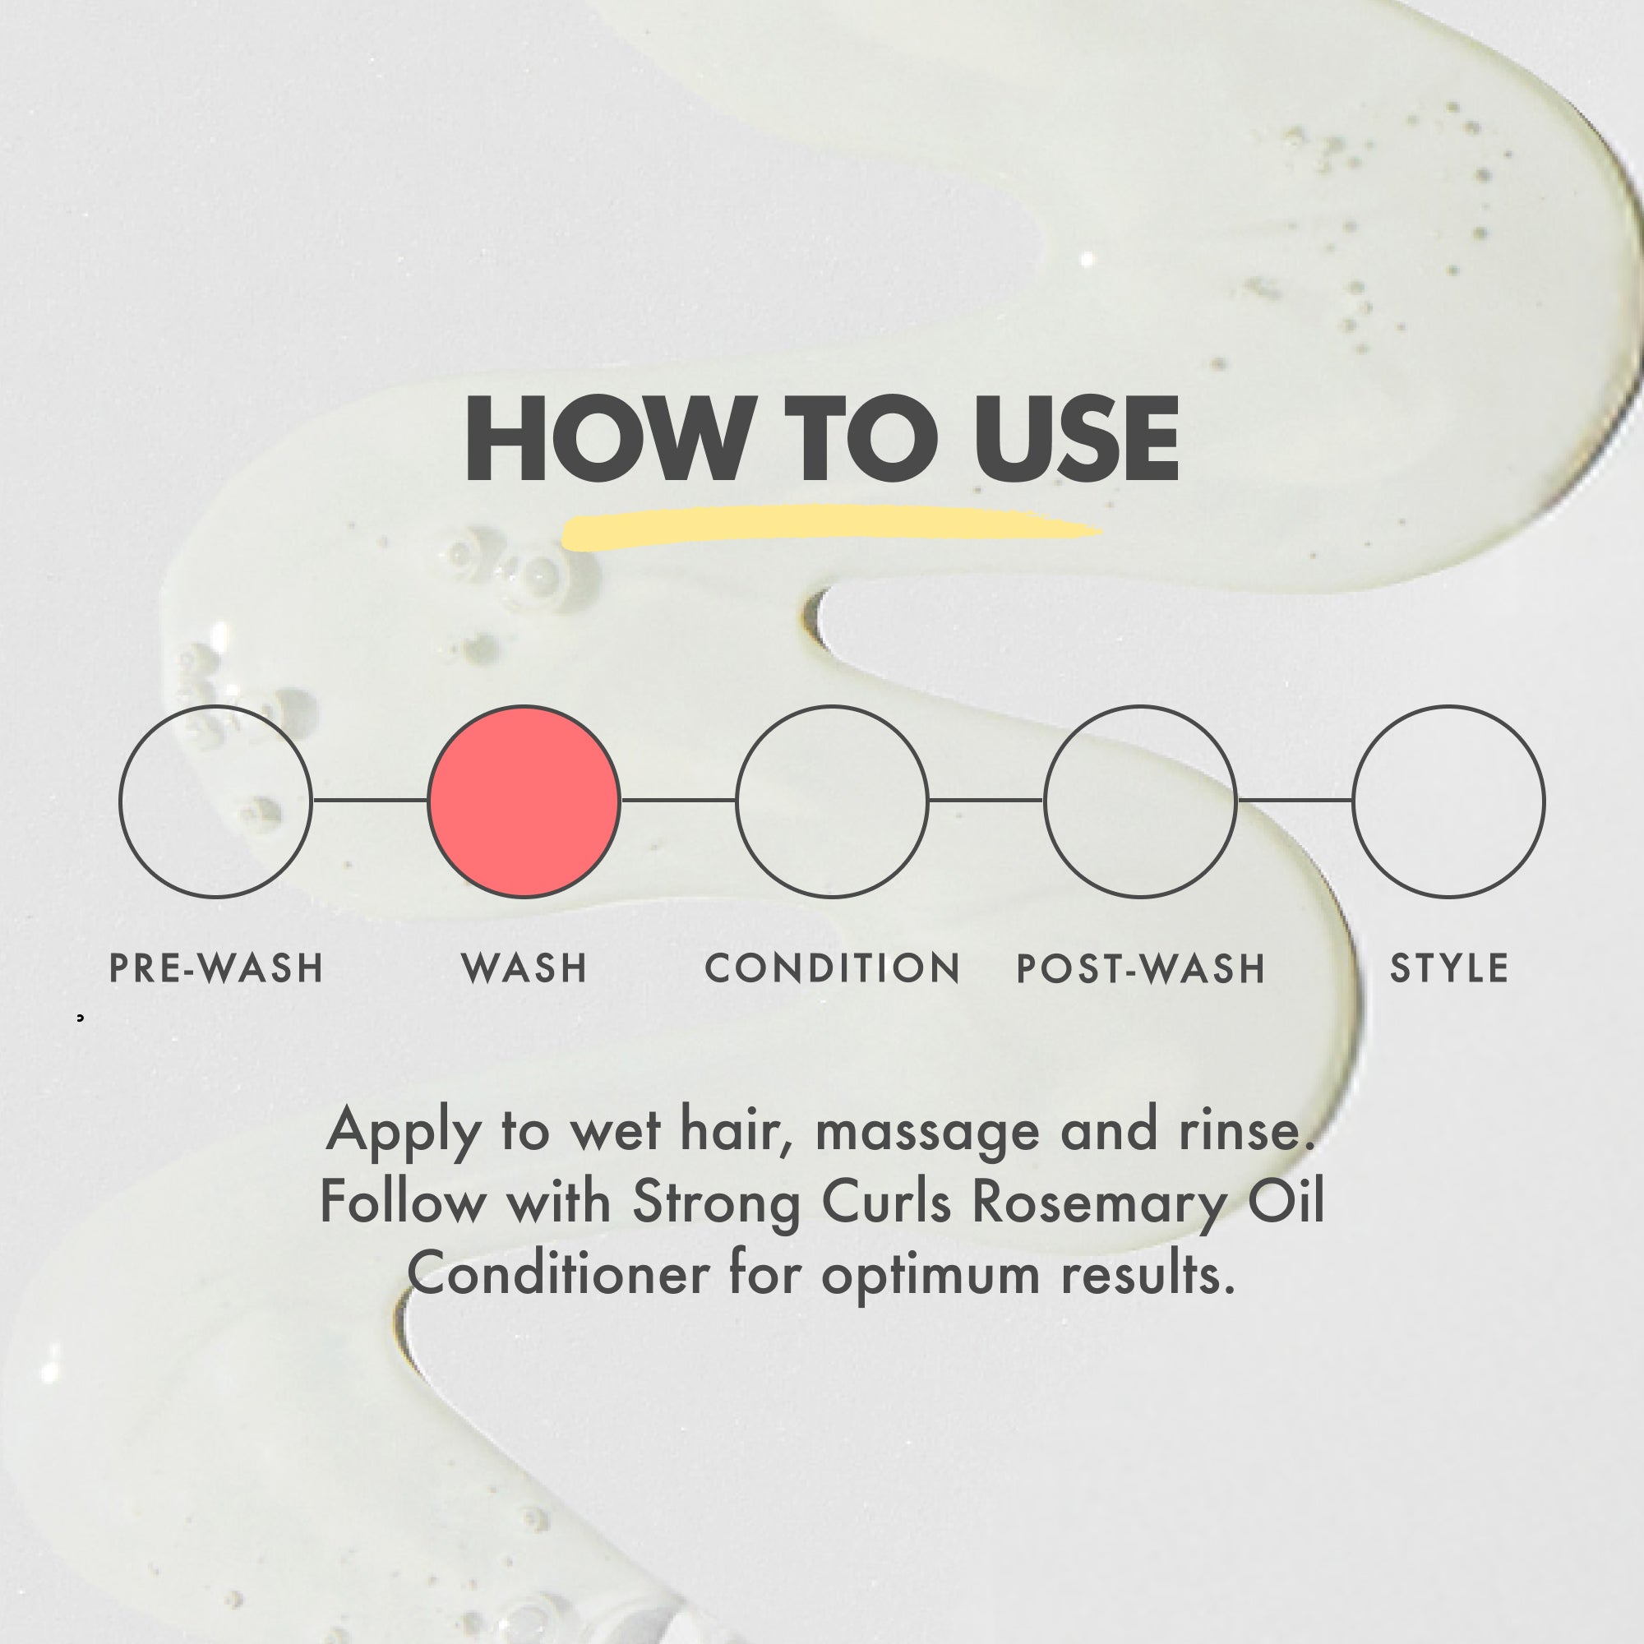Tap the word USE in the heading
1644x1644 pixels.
click(1077, 439)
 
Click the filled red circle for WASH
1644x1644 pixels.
click(524, 801)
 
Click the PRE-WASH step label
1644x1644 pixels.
click(216, 968)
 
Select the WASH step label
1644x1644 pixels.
click(524, 968)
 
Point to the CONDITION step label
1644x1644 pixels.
click(832, 968)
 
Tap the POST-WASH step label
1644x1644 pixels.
click(1141, 968)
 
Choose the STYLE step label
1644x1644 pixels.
click(1449, 968)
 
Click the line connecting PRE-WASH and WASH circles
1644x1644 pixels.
click(370, 800)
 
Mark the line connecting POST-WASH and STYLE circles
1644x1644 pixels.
click(1295, 800)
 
